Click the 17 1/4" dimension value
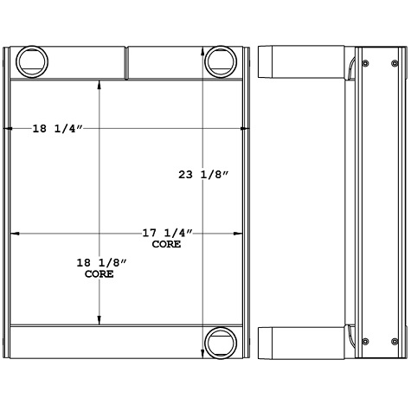166,234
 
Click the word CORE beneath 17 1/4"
166,245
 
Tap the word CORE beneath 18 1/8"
99,273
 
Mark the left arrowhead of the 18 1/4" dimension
10,129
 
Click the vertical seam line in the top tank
126,63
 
